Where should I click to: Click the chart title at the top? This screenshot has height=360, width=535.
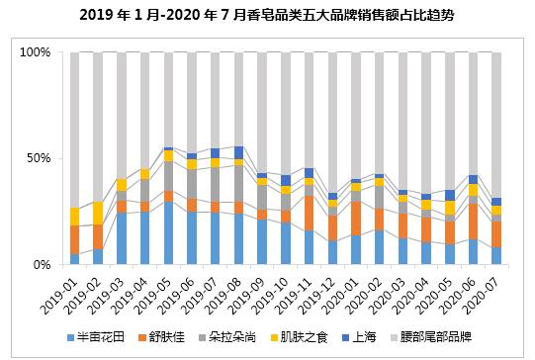pyautogui.click(x=267, y=16)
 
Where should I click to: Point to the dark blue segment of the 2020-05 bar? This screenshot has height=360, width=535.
pyautogui.click(x=450, y=195)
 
